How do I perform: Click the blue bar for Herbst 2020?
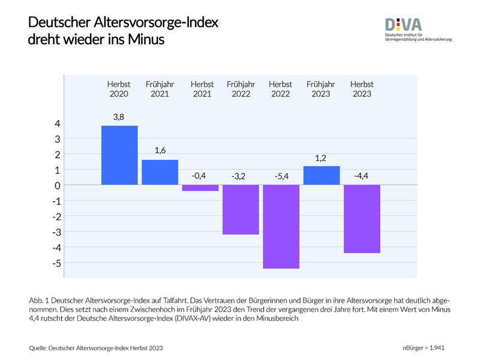119,155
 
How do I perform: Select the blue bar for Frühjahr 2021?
160,172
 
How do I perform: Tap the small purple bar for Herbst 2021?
200,188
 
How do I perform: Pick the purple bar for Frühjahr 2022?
241,209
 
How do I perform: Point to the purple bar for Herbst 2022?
281,226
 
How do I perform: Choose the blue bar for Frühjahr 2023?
322,175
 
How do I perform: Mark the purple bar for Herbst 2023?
362,218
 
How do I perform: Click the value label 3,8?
118,117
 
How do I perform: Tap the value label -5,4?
280,176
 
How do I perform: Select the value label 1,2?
322,157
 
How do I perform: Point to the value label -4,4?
362,176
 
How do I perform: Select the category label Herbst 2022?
280,89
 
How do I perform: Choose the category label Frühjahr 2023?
322,89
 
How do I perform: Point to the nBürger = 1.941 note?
424,348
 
